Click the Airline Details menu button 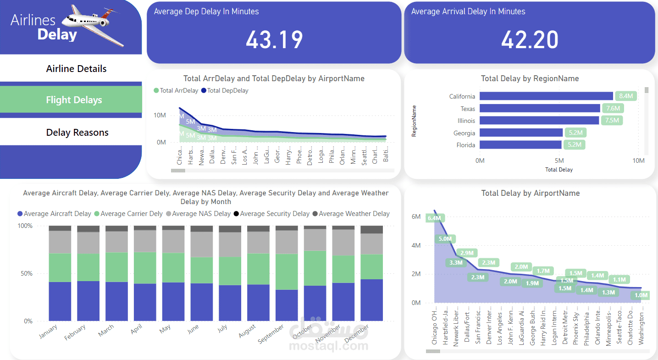pyautogui.click(x=76, y=69)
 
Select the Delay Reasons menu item pyautogui.click(x=77, y=133)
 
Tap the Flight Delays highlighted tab pyautogui.click(x=74, y=100)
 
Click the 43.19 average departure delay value pyautogui.click(x=274, y=40)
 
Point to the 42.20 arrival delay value pyautogui.click(x=530, y=40)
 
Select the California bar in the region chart pyautogui.click(x=546, y=96)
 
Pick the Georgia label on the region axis pyautogui.click(x=464, y=133)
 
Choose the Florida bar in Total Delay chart pyautogui.click(x=520, y=145)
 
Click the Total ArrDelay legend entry pyautogui.click(x=176, y=91)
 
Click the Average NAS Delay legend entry pyautogui.click(x=198, y=214)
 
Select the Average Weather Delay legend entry pyautogui.click(x=351, y=214)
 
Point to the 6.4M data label pyautogui.click(x=434, y=218)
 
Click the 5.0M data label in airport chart pyautogui.click(x=445, y=239)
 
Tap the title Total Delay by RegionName pyautogui.click(x=530, y=79)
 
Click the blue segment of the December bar pyautogui.click(x=372, y=300)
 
